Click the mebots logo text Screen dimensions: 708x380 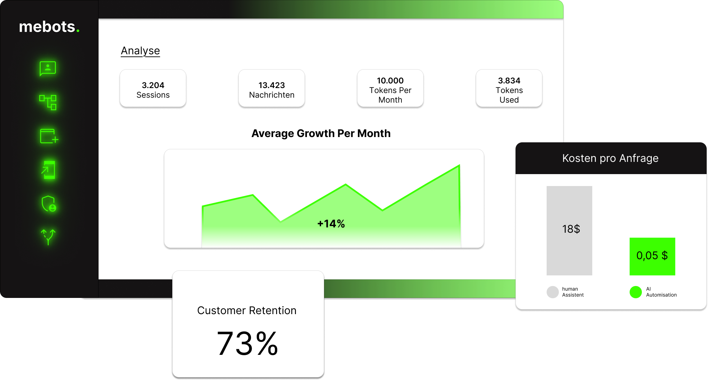point(49,27)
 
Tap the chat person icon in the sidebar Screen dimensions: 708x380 point(48,69)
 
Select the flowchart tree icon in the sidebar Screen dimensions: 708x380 point(48,102)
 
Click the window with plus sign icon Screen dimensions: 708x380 point(49,136)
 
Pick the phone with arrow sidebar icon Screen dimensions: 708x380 point(48,170)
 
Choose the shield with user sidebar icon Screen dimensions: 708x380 point(49,204)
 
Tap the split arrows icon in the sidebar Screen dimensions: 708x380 point(48,237)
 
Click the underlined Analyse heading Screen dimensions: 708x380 point(140,51)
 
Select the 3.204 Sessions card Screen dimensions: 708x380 point(153,88)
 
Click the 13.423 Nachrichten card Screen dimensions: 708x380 point(271,88)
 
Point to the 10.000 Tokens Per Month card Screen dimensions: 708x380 point(390,88)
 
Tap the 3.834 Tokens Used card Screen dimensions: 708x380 point(509,88)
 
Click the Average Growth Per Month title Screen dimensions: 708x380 point(321,133)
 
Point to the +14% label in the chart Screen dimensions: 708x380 point(331,224)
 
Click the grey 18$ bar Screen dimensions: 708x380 point(569,230)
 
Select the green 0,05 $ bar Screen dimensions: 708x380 point(652,256)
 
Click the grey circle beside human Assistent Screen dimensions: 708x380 point(553,292)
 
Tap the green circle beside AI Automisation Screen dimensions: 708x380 point(636,292)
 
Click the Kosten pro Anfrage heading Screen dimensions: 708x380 point(610,158)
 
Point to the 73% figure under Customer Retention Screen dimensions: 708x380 point(247,344)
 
